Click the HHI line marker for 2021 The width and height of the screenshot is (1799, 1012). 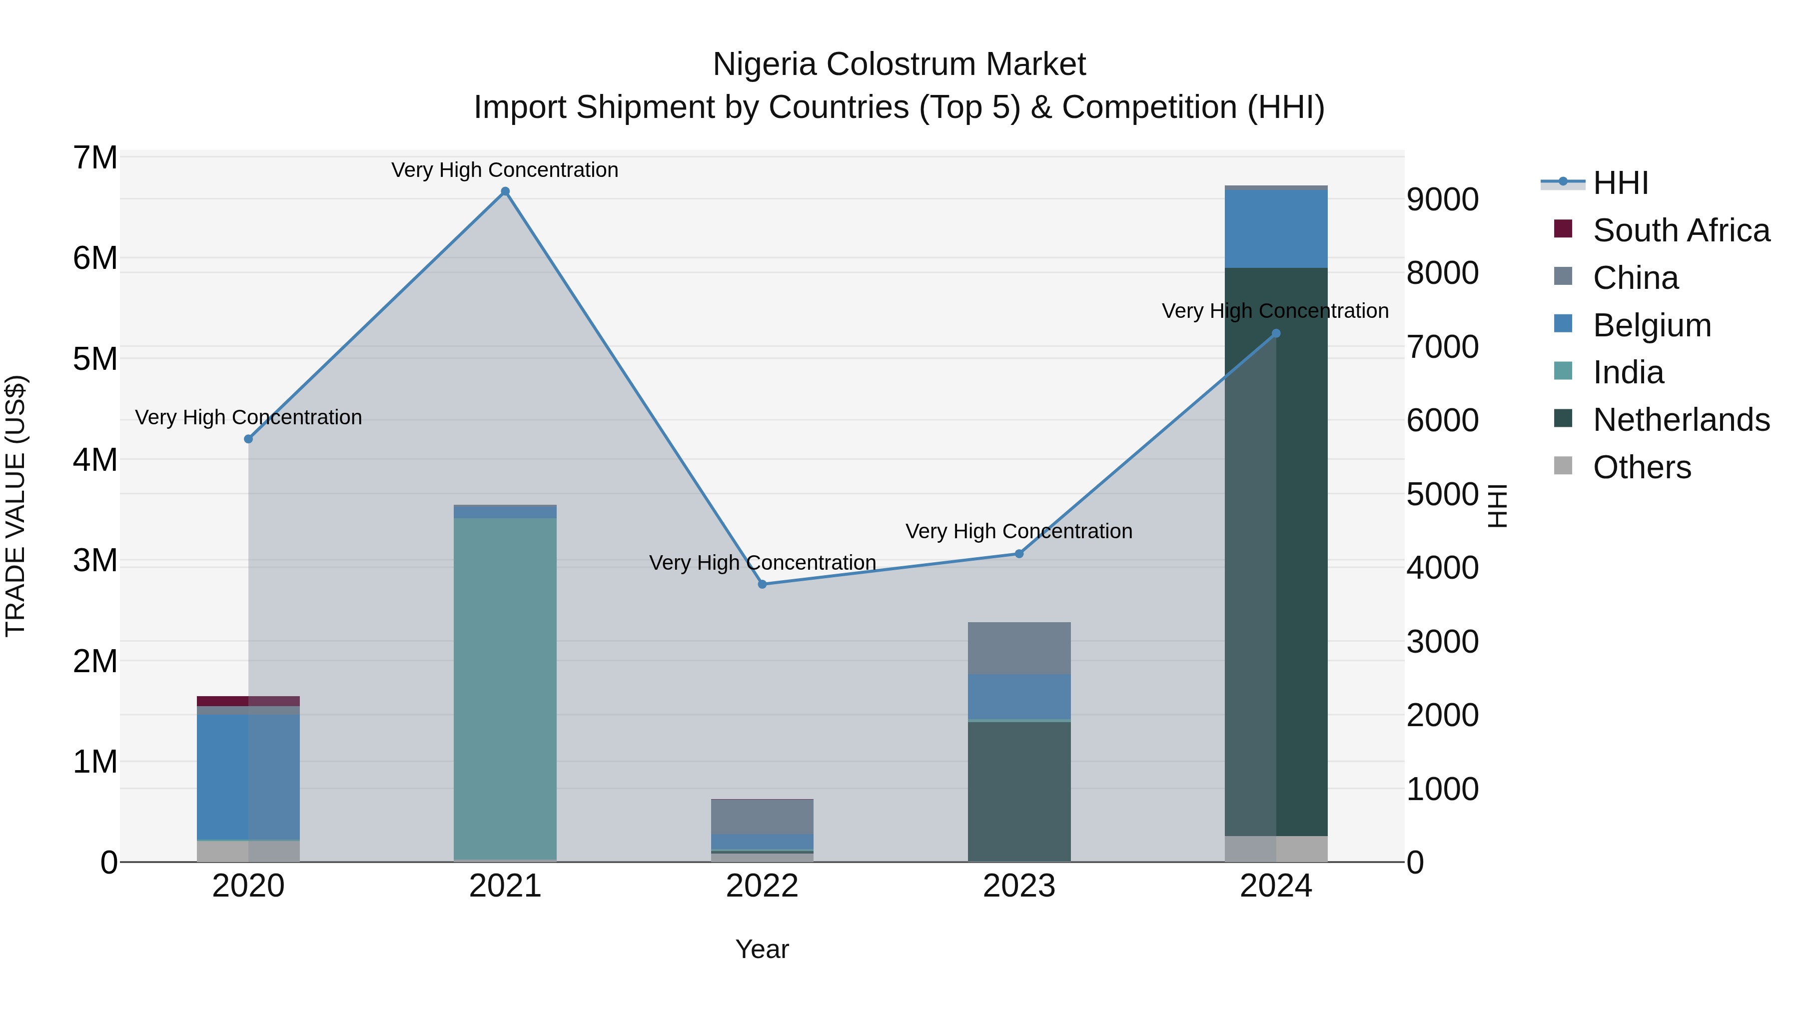point(505,191)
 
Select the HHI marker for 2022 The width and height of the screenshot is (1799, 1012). point(762,584)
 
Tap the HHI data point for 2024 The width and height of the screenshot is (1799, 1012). point(1276,333)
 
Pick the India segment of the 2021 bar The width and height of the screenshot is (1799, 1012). point(505,688)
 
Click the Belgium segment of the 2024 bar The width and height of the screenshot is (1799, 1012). point(1276,228)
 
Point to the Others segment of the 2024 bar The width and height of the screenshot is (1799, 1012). point(1276,849)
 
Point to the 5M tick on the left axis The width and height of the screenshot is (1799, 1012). point(95,359)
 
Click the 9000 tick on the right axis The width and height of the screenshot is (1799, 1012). point(1442,200)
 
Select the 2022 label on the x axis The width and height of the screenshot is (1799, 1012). point(762,886)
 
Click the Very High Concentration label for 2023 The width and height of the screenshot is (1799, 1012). point(1019,532)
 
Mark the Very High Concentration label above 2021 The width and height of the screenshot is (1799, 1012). point(505,170)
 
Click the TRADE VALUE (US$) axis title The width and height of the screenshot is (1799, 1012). point(15,506)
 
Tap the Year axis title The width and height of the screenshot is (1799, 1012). point(762,949)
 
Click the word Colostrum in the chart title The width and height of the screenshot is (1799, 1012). point(899,64)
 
